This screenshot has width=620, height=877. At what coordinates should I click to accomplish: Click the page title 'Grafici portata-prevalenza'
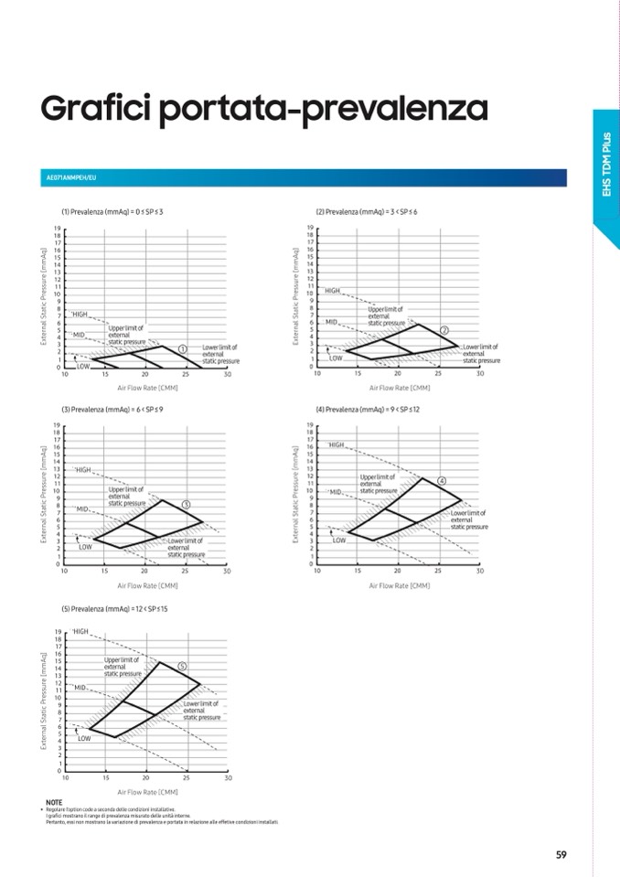263,110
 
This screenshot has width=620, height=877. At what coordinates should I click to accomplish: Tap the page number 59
561,855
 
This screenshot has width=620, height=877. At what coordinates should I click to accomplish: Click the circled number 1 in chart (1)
182,348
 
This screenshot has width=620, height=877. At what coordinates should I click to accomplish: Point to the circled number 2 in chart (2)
444,329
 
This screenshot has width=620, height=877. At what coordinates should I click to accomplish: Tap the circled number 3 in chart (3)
186,504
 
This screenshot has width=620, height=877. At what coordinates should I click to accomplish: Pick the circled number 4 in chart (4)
442,481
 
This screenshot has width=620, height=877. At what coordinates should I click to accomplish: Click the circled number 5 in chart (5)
182,666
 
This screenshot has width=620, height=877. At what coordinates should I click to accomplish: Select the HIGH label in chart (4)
337,444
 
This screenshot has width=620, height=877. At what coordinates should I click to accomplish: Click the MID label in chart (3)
82,508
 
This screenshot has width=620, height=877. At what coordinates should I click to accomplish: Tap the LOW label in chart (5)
84,737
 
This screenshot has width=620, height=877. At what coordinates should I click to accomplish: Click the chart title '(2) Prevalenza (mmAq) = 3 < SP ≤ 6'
366,211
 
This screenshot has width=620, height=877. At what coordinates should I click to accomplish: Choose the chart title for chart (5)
113,608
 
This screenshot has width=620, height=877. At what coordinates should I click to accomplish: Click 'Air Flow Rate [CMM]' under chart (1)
146,388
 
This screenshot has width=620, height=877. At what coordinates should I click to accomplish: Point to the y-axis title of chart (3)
44,494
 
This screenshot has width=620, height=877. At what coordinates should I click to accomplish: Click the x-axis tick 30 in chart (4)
479,571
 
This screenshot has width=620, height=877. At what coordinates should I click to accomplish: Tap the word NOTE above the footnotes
54,802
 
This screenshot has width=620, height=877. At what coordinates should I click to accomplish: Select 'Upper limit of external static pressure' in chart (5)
123,667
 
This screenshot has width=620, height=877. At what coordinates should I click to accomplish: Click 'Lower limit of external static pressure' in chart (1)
220,354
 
